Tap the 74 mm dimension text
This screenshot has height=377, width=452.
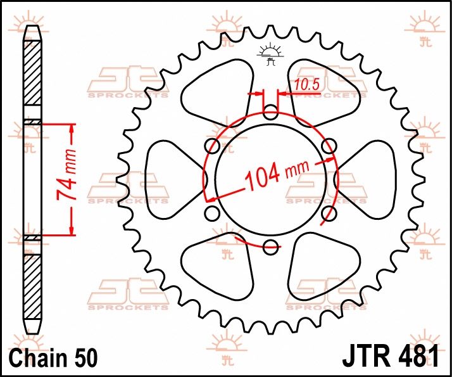point(66,175)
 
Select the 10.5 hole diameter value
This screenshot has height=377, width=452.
point(307,85)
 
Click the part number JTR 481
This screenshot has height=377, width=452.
point(391,357)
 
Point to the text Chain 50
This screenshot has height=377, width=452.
point(54,357)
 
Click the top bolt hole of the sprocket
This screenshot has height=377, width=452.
point(271,113)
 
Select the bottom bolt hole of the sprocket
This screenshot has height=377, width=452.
point(271,247)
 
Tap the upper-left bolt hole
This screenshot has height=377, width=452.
point(212,146)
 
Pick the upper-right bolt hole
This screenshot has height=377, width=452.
point(329,146)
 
